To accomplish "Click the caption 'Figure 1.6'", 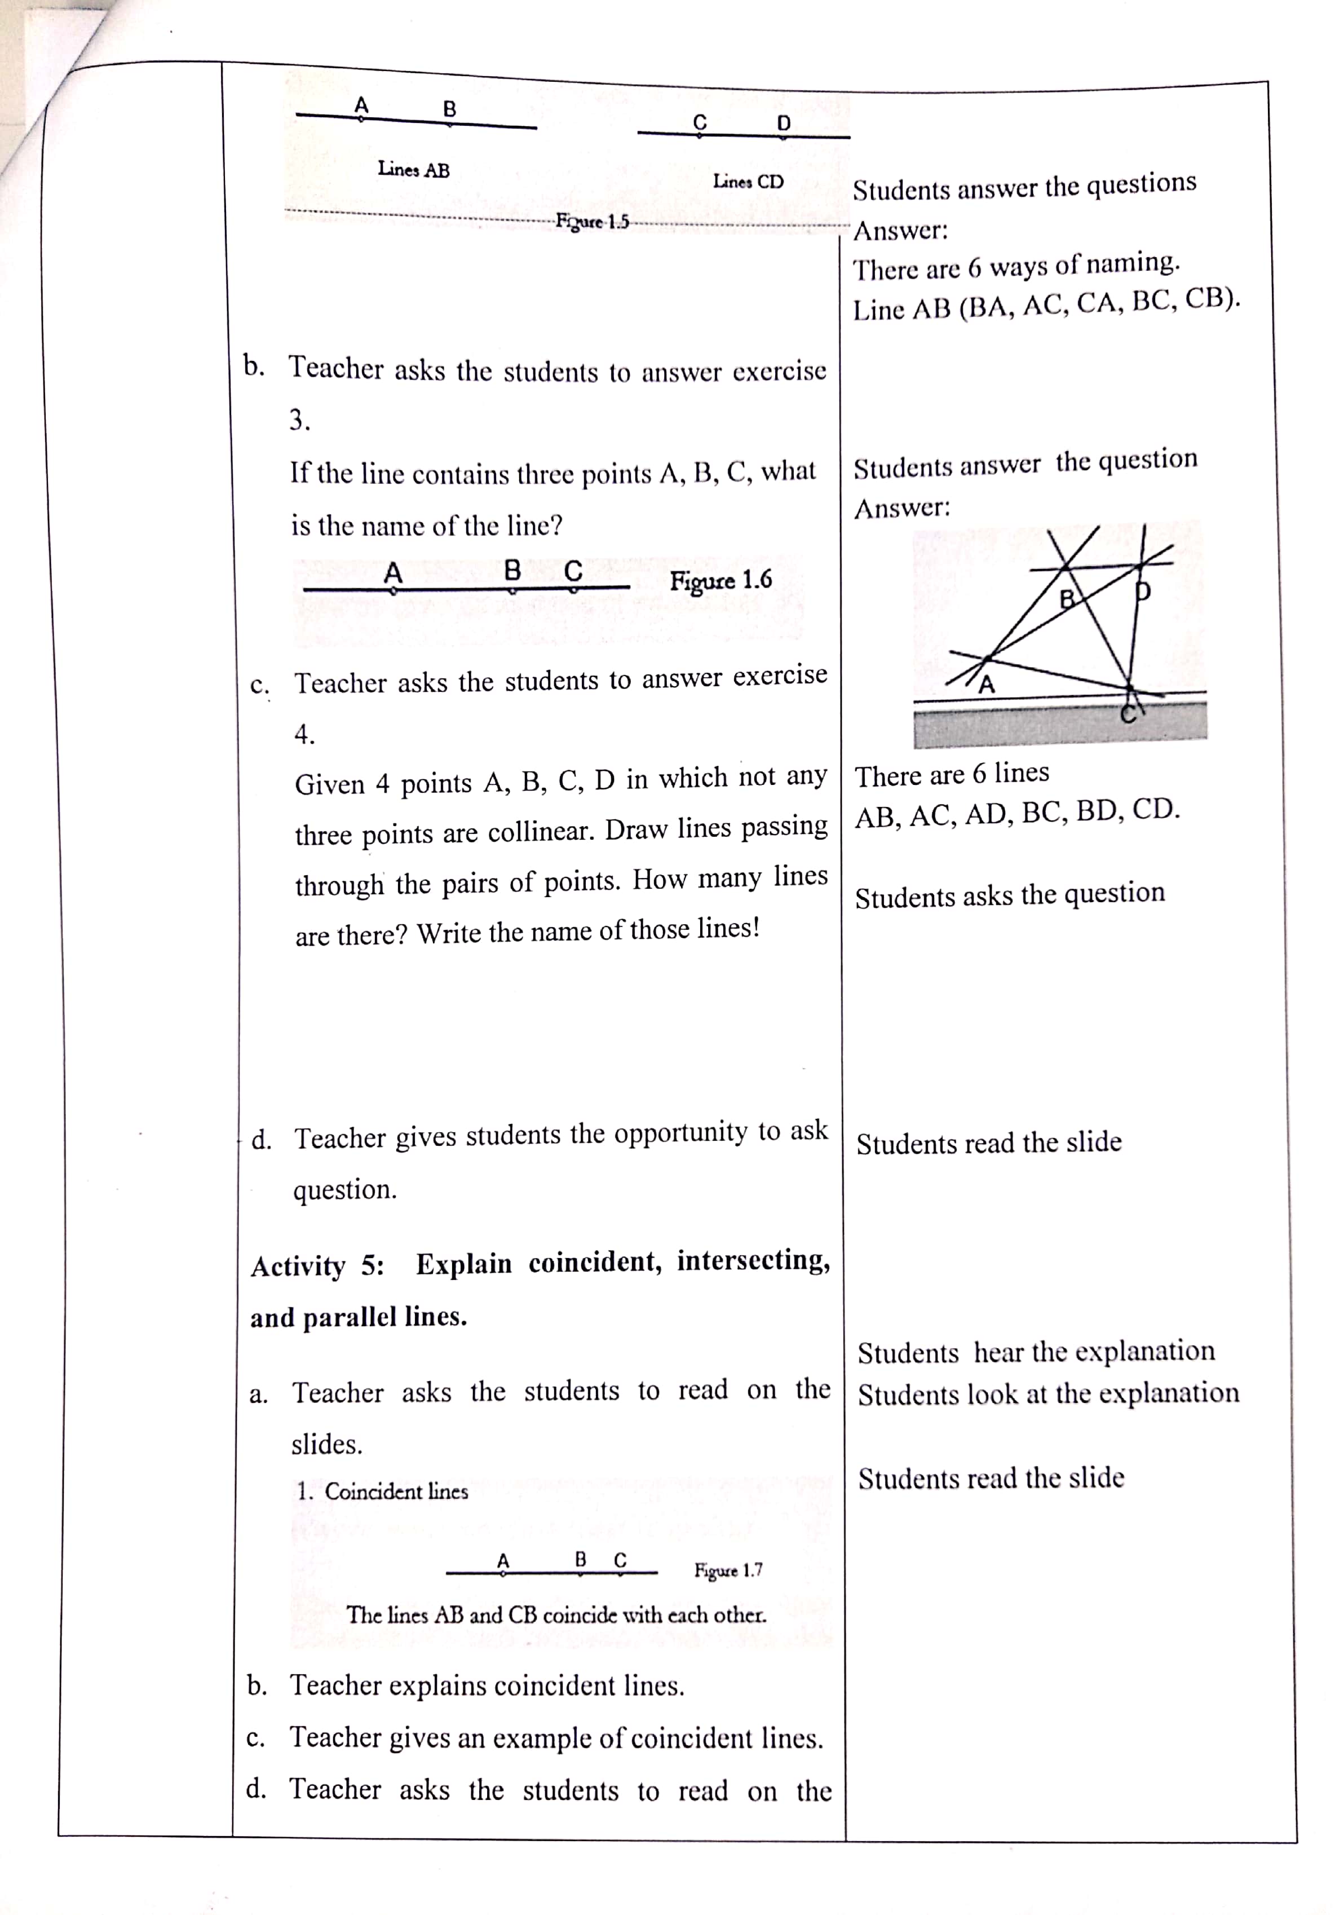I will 720,580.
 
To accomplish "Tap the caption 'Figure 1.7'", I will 728,1570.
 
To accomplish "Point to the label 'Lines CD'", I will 748,181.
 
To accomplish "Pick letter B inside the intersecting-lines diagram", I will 1066,598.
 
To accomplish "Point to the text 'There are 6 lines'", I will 952,775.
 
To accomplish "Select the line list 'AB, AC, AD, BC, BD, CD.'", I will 1017,813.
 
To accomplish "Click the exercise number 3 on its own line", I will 299,420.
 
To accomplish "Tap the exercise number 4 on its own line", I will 304,734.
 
